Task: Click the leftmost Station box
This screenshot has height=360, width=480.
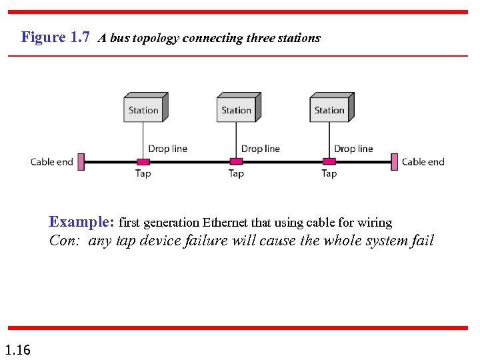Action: pyautogui.click(x=143, y=109)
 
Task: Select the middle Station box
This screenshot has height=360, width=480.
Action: pyautogui.click(x=237, y=109)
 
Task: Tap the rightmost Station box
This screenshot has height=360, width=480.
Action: pyautogui.click(x=329, y=109)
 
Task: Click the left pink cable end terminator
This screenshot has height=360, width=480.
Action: pyautogui.click(x=81, y=161)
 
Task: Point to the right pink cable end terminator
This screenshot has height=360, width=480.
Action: pyautogui.click(x=395, y=161)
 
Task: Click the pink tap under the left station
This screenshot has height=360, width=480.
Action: pyautogui.click(x=143, y=161)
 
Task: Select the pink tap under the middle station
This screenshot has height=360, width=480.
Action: pyautogui.click(x=236, y=161)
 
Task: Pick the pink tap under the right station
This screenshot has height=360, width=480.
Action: pyautogui.click(x=329, y=161)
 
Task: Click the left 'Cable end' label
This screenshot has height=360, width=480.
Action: pyautogui.click(x=51, y=162)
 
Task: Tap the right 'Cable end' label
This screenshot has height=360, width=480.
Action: pyautogui.click(x=423, y=162)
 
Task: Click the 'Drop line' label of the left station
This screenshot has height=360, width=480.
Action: pyautogui.click(x=167, y=149)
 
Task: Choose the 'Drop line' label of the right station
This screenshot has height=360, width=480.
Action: pyautogui.click(x=353, y=149)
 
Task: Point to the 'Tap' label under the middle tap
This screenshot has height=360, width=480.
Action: pyautogui.click(x=236, y=173)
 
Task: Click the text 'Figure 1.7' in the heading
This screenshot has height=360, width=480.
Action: pyautogui.click(x=55, y=37)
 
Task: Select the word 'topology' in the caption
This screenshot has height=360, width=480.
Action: pyautogui.click(x=155, y=38)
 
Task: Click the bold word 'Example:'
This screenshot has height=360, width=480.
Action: pyautogui.click(x=83, y=222)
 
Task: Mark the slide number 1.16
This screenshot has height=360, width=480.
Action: pyautogui.click(x=17, y=349)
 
